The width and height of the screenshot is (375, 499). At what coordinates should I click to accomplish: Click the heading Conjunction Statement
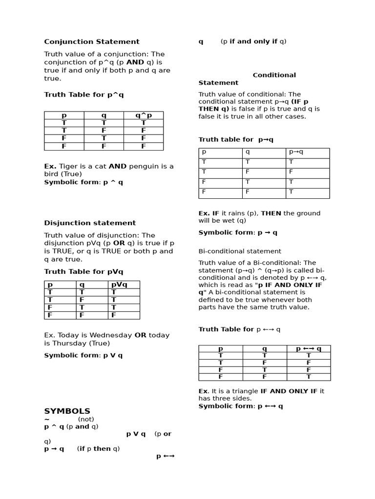92,42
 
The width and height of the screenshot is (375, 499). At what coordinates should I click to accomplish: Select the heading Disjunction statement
90,223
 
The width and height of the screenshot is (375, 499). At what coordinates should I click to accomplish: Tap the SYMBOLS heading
67,411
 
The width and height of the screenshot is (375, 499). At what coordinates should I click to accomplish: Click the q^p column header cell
144,115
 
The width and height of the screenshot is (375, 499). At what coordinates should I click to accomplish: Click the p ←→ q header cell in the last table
309,349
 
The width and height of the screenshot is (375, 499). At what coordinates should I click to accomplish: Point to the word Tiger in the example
69,166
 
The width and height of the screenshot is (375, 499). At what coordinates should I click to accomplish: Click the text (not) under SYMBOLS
86,419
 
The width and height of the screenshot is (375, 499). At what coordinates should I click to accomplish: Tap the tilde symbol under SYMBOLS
47,419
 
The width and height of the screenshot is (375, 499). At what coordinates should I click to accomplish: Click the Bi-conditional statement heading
240,251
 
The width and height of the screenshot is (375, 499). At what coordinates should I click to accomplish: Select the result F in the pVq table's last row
114,315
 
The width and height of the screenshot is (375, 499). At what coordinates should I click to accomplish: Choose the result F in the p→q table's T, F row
291,172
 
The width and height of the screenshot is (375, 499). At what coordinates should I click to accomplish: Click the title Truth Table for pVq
83,272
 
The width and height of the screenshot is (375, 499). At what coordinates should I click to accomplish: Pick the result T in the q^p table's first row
144,123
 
